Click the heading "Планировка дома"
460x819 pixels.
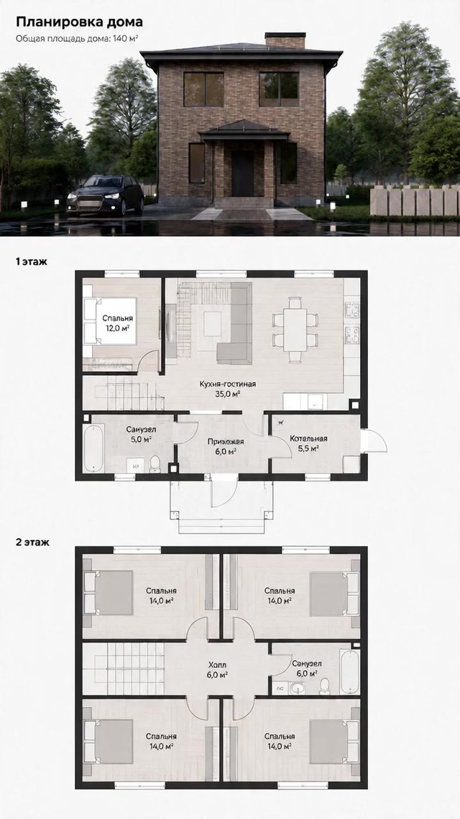pyautogui.click(x=79, y=22)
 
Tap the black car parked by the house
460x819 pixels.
pyautogui.click(x=105, y=195)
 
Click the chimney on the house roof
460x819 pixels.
pyautogui.click(x=285, y=40)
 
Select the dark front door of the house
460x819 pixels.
pyautogui.click(x=243, y=173)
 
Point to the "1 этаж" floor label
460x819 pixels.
pyautogui.click(x=32, y=262)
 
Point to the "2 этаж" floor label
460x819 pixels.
pyautogui.click(x=32, y=542)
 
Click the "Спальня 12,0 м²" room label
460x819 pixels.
pyautogui.click(x=117, y=323)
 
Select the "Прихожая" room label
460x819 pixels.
pyautogui.click(x=225, y=441)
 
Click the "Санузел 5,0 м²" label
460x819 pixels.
pyautogui.click(x=142, y=434)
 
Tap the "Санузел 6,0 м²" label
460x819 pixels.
pyautogui.click(x=307, y=669)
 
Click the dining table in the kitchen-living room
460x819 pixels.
pyautogui.click(x=295, y=330)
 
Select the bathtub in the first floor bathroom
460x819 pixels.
pyautogui.click(x=94, y=448)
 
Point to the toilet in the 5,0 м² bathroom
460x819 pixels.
pyautogui.click(x=155, y=463)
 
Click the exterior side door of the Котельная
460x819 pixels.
pyautogui.click(x=374, y=441)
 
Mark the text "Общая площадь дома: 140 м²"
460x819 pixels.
pyautogui.click(x=77, y=38)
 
